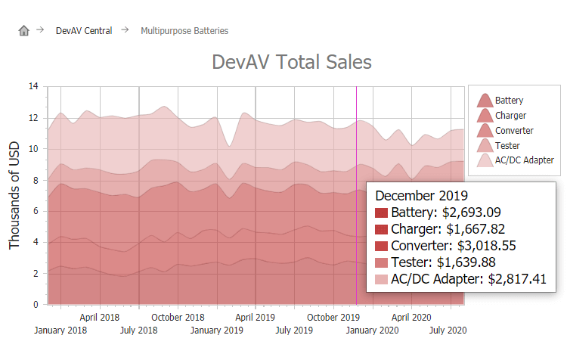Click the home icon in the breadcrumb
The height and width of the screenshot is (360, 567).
23,31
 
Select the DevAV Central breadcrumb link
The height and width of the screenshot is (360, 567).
84,31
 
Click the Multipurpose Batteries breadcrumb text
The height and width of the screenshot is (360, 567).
184,31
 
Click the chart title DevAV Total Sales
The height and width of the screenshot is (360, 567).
292,62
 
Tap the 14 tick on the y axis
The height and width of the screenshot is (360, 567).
33,86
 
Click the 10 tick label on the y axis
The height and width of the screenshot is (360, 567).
33,149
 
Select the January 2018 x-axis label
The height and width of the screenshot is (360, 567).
60,331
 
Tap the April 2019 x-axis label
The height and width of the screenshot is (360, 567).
256,318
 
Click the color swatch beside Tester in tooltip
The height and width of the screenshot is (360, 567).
382,263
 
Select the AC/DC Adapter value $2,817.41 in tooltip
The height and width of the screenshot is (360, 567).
522,280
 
